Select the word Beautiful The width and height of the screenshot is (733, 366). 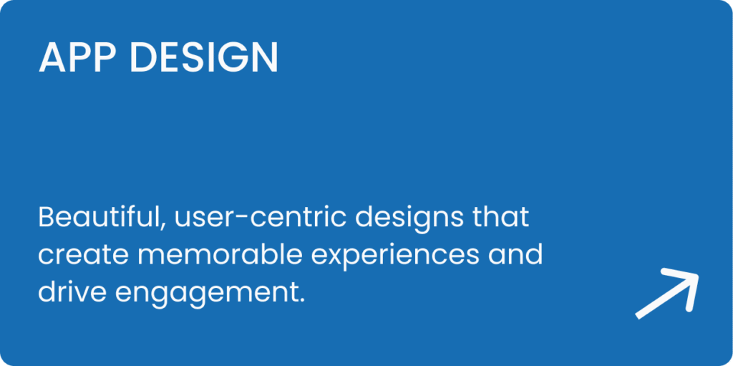99,218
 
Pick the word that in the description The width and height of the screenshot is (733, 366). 500,218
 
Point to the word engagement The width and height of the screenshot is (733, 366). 204,294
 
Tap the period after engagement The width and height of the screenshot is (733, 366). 301,301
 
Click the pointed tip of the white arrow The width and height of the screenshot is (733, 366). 698,275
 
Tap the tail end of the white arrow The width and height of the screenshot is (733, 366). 636,317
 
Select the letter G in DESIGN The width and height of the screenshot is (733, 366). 235,57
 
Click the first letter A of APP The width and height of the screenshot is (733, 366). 52,57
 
